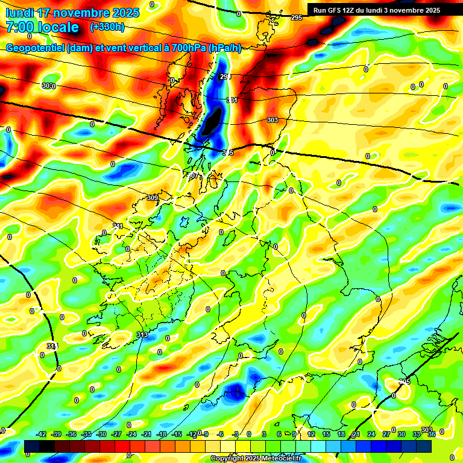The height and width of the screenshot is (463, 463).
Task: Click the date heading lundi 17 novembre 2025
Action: click(72, 13)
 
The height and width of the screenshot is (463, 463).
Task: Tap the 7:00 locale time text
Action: click(42, 27)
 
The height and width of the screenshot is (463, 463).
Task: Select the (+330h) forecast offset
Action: click(107, 27)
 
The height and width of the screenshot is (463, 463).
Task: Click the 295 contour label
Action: click(297, 18)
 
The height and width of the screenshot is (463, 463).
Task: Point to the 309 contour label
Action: click(153, 198)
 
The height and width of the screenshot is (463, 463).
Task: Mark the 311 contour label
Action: click(118, 227)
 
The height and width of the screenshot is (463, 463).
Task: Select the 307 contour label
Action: click(193, 175)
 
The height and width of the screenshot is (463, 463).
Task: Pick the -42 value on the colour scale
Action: click(42, 434)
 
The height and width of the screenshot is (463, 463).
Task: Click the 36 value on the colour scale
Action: click(432, 434)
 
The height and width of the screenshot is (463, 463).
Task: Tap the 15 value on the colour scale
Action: click(326, 434)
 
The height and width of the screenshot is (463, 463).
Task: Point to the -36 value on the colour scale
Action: click(71, 434)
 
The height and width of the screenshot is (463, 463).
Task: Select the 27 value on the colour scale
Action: click(386, 434)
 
